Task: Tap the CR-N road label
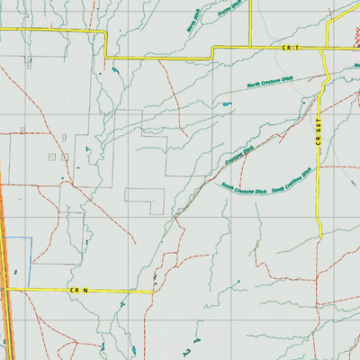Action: click(79, 292)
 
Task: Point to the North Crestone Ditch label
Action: click(270, 85)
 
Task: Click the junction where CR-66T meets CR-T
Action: click(325, 48)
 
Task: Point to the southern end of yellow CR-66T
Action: click(320, 237)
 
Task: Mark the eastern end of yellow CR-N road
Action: click(155, 292)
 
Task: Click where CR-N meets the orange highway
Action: click(5, 290)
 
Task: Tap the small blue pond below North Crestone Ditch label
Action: click(226, 105)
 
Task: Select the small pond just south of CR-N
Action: click(119, 305)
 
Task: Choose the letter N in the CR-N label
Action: click(85, 292)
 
